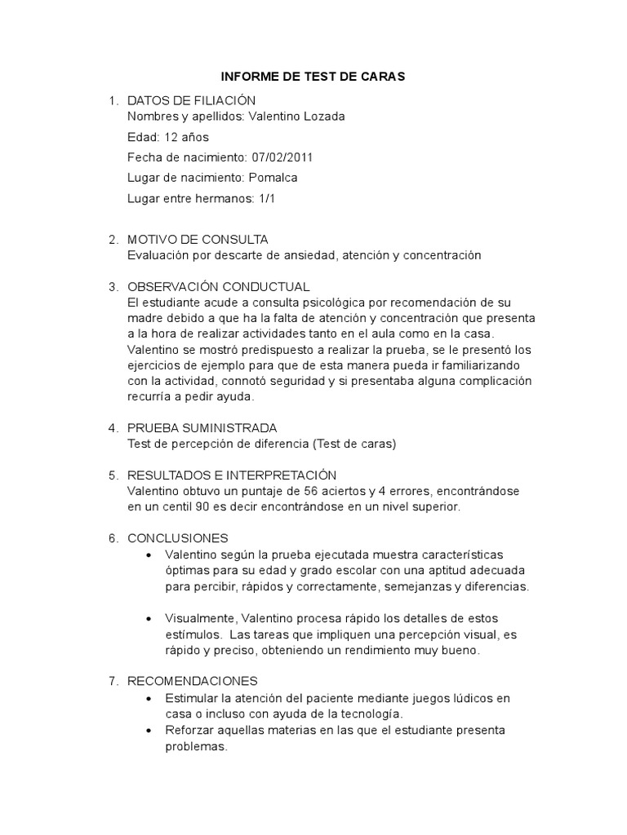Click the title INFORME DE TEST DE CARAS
point(313,77)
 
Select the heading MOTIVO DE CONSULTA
point(198,240)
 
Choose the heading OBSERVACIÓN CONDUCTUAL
point(219,287)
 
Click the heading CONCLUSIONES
point(178,538)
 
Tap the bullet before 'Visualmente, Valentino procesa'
point(147,618)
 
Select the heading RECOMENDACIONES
point(193,681)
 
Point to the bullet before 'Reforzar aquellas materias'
point(147,730)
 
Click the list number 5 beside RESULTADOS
point(113,475)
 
